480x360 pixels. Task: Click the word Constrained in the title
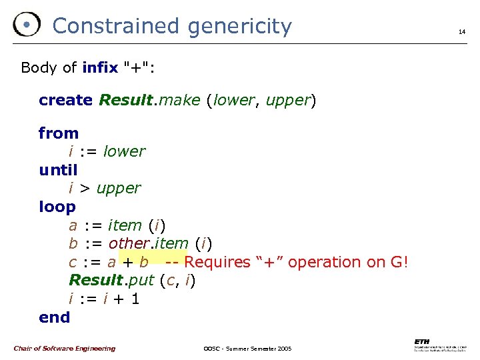pos(116,26)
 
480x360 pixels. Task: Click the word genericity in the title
pos(239,27)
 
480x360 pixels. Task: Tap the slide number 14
pos(461,31)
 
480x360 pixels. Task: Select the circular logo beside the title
pos(27,25)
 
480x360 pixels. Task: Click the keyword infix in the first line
pos(100,67)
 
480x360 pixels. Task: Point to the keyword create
pos(65,101)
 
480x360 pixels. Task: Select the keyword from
pos(59,133)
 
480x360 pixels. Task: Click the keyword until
pos(58,170)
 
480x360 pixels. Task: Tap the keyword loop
pos(57,207)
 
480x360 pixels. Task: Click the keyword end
pos(54,317)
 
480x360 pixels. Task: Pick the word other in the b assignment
pos(129,243)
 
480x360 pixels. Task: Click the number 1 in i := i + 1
pos(135,299)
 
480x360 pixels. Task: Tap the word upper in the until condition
pos(119,189)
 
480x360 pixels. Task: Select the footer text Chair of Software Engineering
pos(64,349)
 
